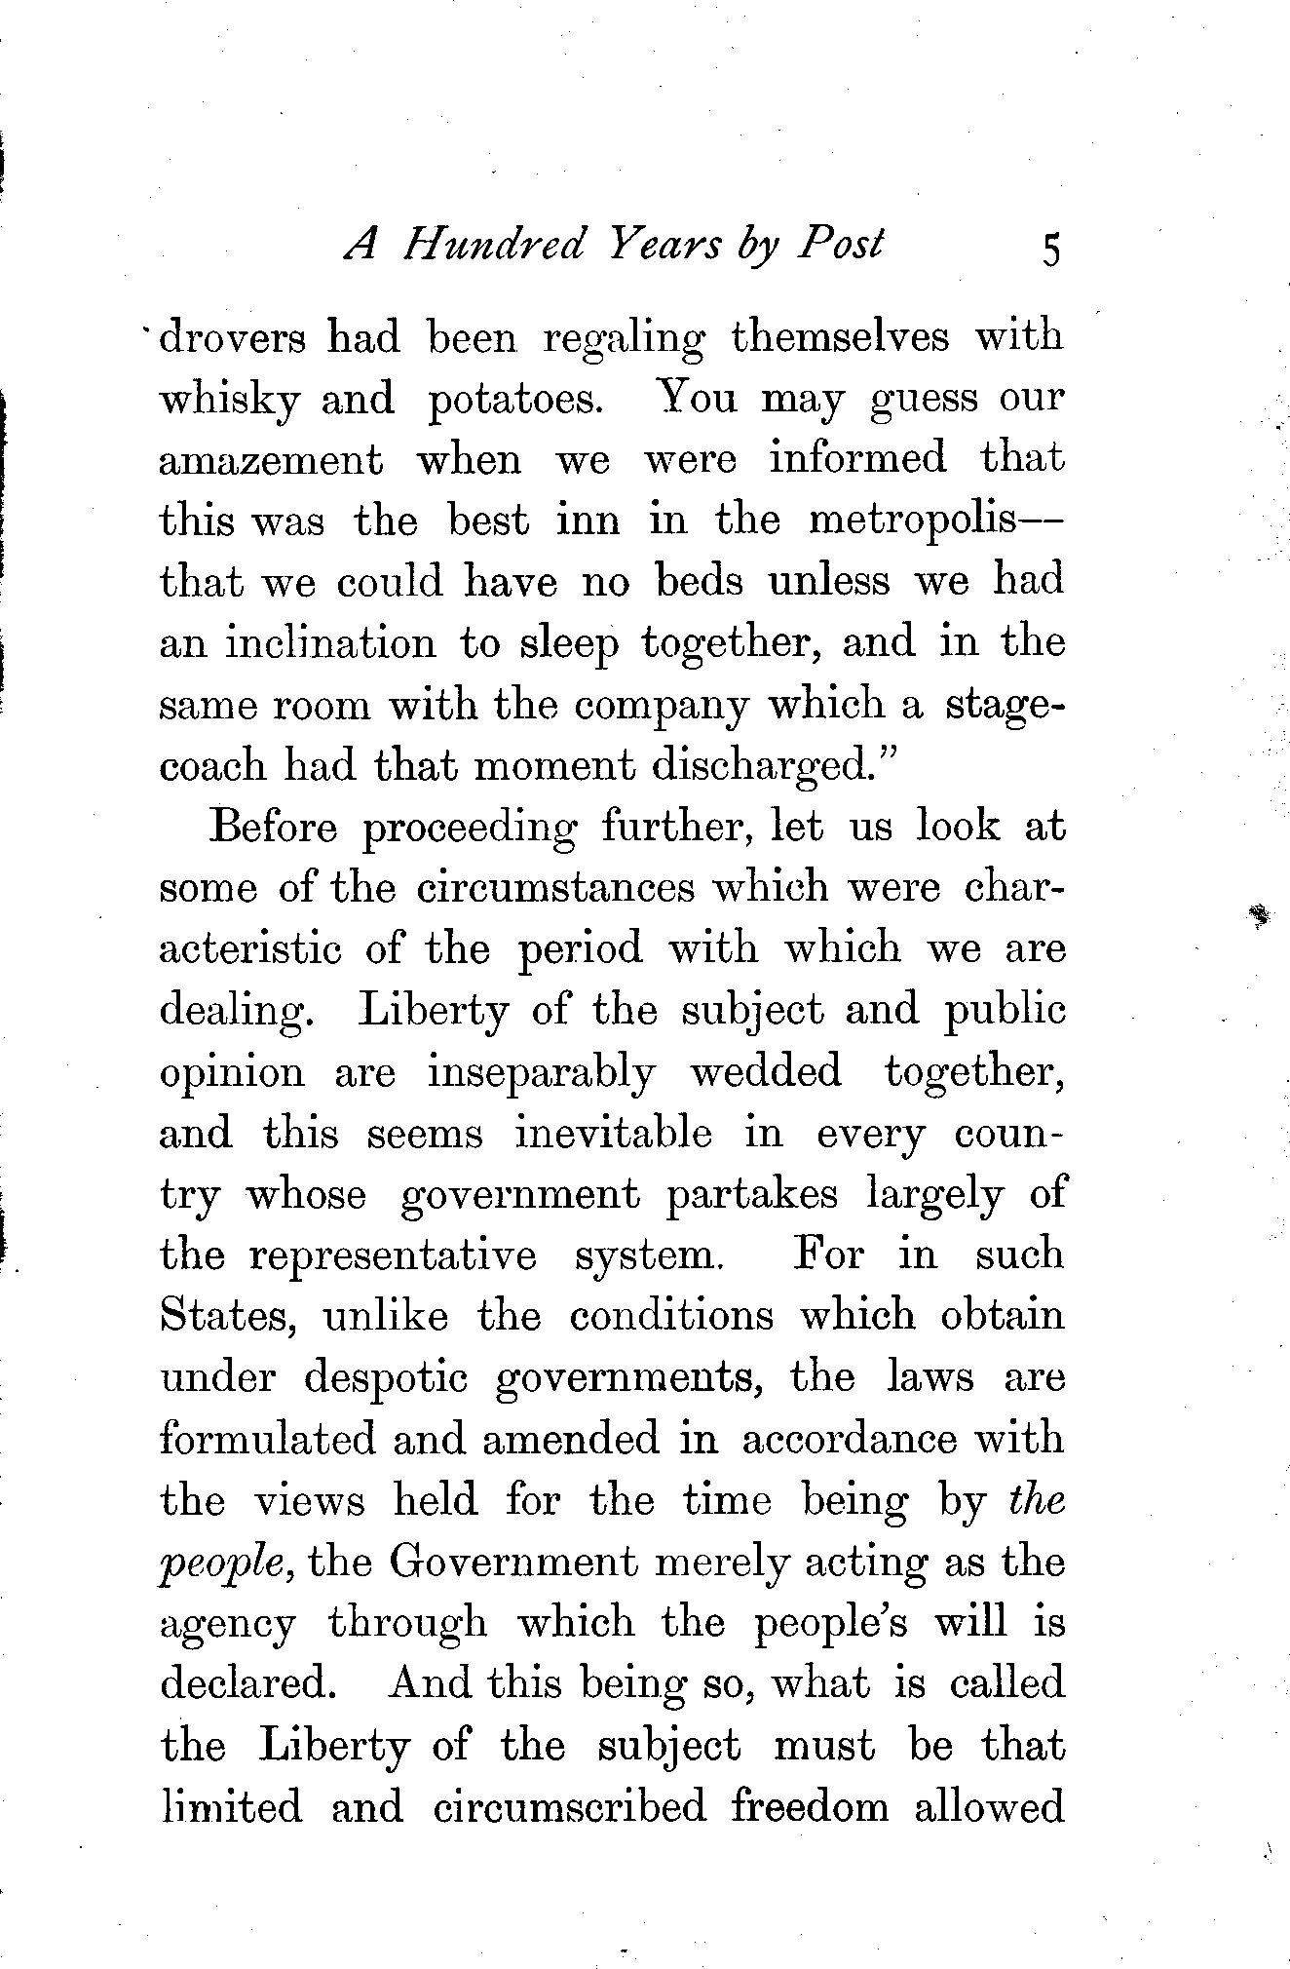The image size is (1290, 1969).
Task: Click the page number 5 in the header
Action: tap(1049, 250)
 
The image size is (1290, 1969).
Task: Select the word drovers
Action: tap(231, 338)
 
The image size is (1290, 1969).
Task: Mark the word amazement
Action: tap(271, 460)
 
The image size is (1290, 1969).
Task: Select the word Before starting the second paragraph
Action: tap(273, 828)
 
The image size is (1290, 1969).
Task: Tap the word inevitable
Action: tap(614, 1134)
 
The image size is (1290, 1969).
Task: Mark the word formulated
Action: tap(267, 1440)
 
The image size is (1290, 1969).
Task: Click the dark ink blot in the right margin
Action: tap(1261, 914)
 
